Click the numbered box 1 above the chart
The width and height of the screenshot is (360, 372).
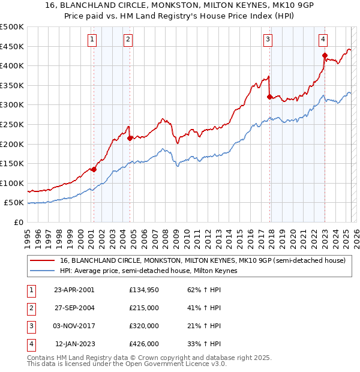pyautogui.click(x=92, y=40)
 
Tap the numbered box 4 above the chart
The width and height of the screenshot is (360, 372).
pyautogui.click(x=323, y=40)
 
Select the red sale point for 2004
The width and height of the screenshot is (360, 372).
pyautogui.click(x=130, y=138)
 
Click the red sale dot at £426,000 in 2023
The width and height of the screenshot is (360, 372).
pyautogui.click(x=325, y=56)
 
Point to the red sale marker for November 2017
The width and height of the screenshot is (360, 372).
pyautogui.click(x=269, y=97)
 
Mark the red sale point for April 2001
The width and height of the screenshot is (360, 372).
pyautogui.click(x=94, y=169)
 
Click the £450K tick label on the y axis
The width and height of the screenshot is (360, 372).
pyautogui.click(x=12, y=46)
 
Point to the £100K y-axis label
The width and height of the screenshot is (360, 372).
pyautogui.click(x=12, y=183)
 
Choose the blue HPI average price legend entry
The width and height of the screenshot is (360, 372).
pyautogui.click(x=148, y=271)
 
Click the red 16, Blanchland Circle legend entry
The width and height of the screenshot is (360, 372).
pyautogui.click(x=203, y=261)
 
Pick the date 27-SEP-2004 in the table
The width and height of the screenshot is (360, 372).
pyautogui.click(x=74, y=307)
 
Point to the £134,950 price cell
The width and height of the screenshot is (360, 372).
pyautogui.click(x=144, y=289)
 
